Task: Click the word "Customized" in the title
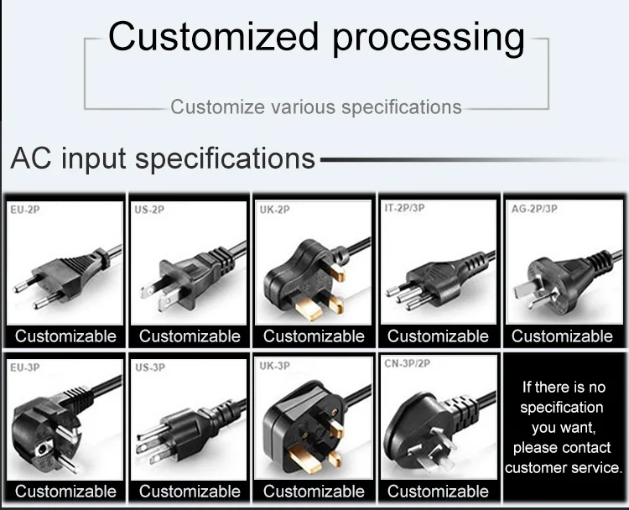(x=213, y=38)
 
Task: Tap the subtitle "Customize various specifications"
(x=316, y=107)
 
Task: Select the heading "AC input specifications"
(x=163, y=159)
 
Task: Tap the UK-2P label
(x=273, y=210)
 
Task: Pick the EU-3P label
(x=23, y=367)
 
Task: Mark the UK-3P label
(x=274, y=367)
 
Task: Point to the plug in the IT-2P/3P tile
(x=436, y=277)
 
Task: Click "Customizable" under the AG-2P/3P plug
(x=562, y=336)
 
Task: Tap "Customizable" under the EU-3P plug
(x=65, y=491)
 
